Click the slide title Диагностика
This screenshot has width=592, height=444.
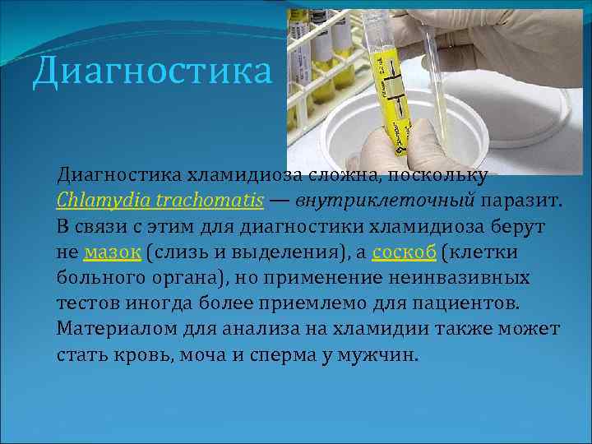[151, 71]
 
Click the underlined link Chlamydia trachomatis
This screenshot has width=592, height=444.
[160, 200]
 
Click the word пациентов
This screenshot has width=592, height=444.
[471, 303]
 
